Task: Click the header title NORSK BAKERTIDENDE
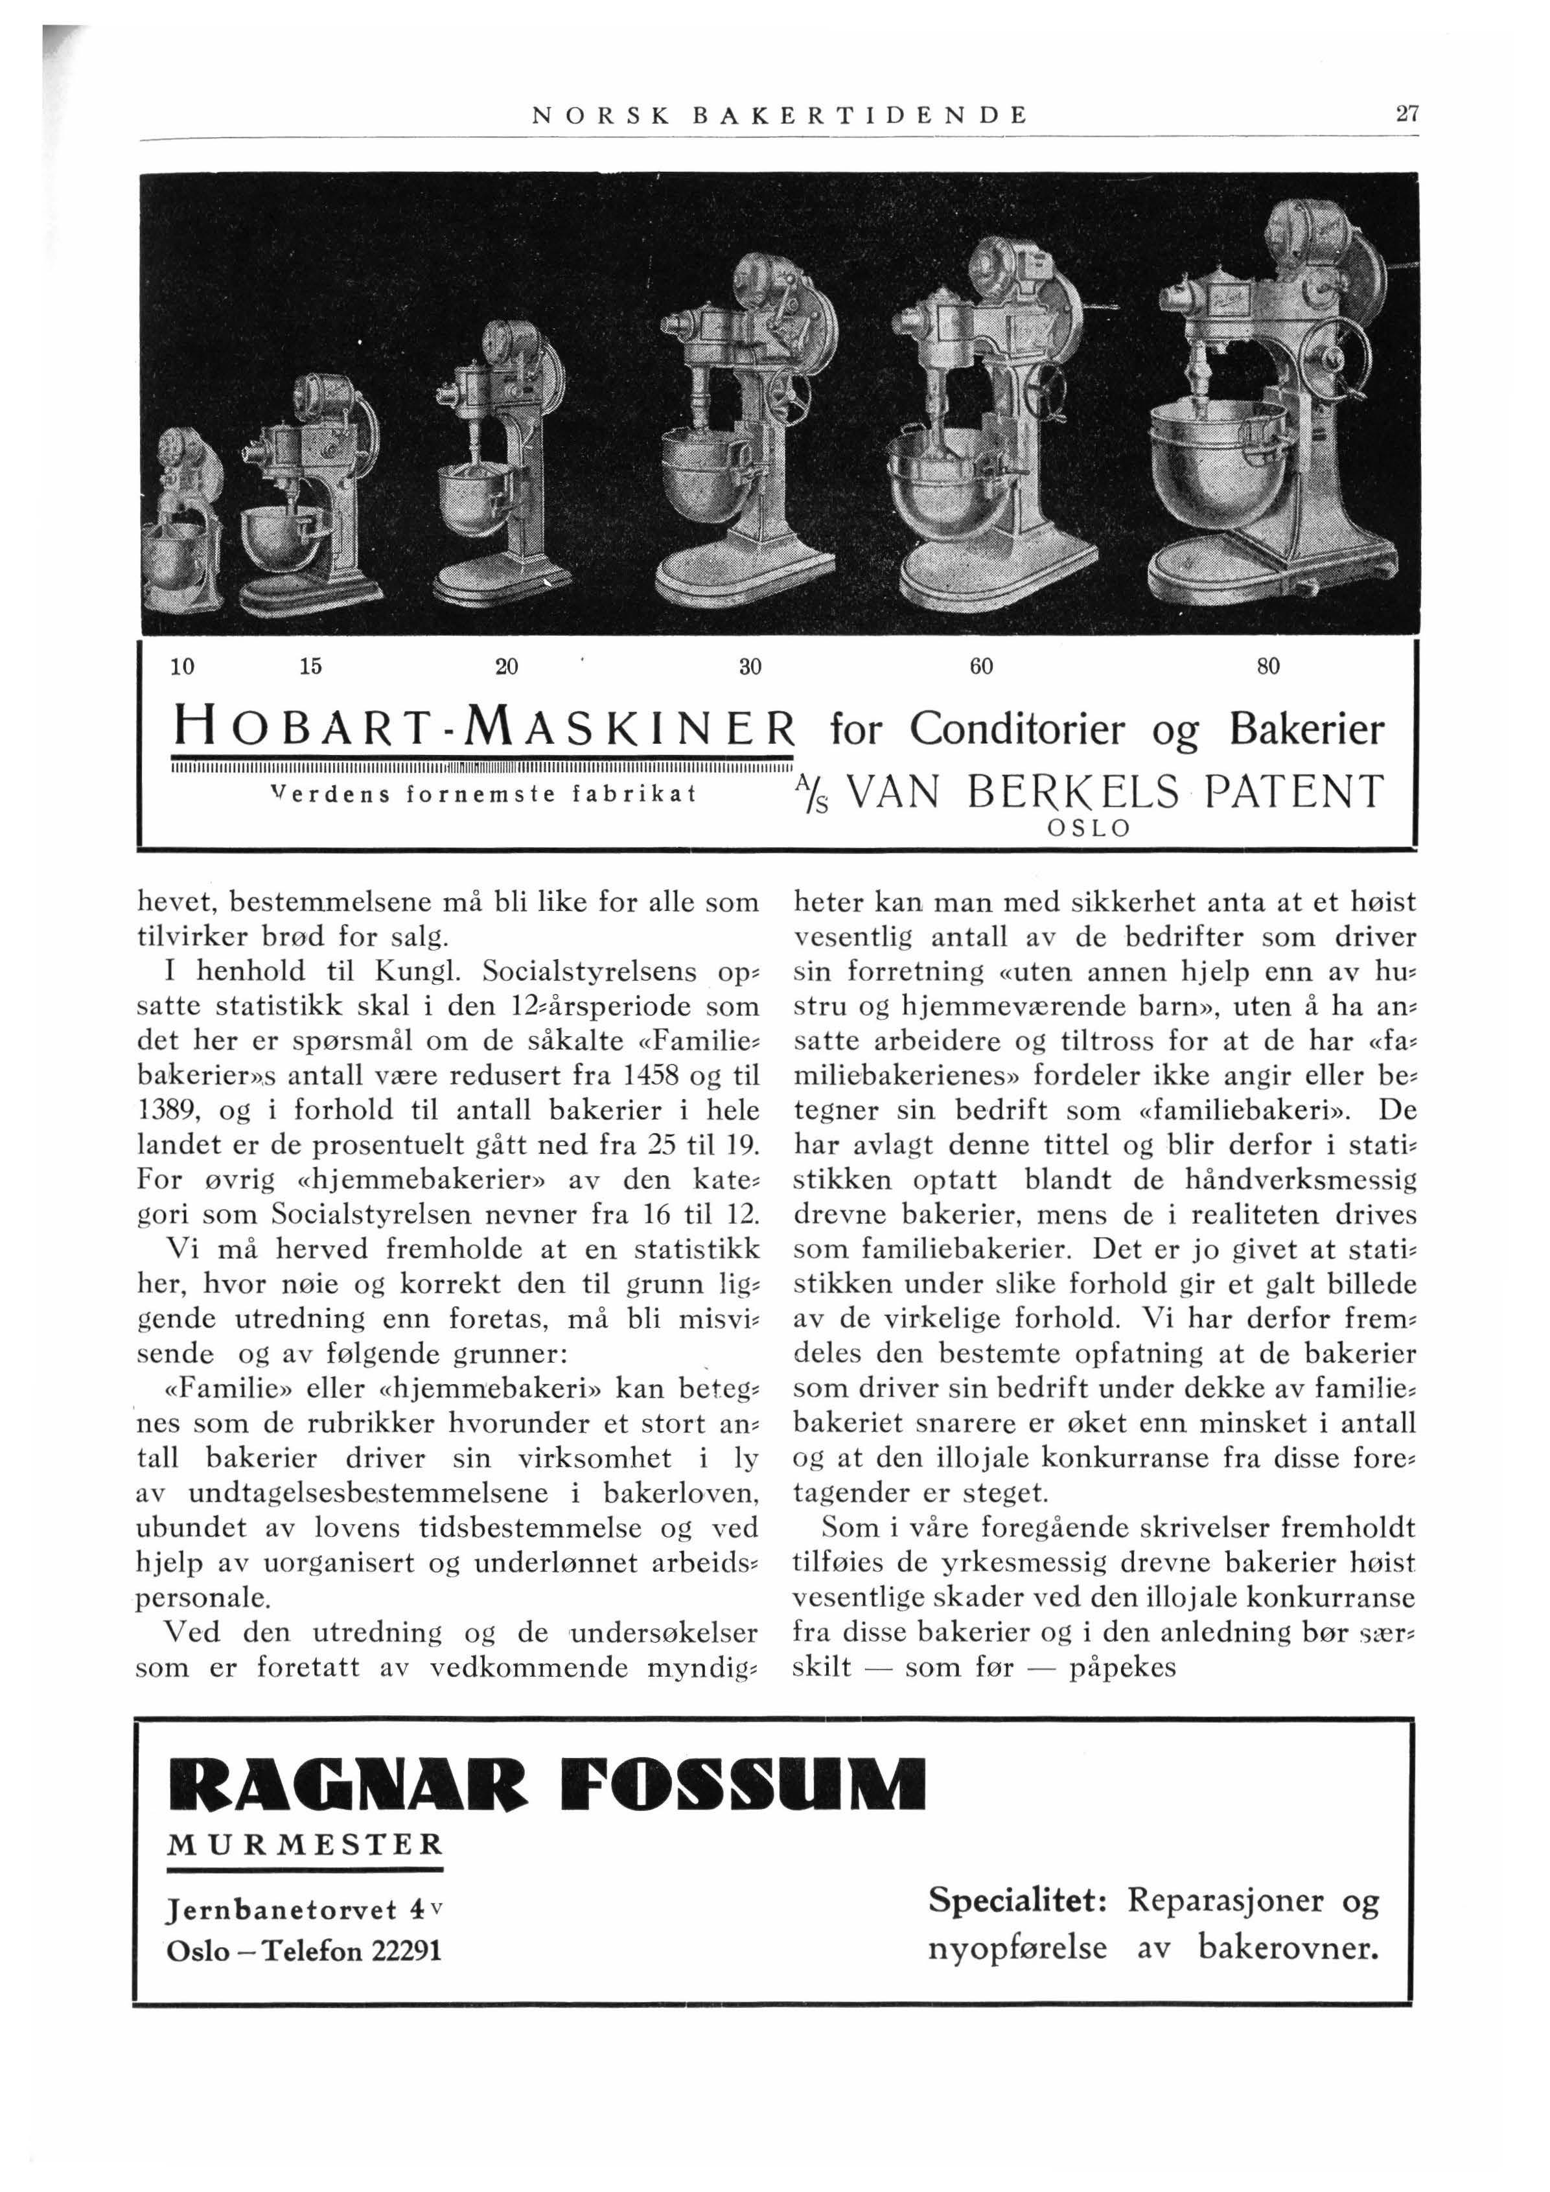778,115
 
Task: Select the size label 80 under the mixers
1267,667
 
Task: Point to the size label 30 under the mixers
750,667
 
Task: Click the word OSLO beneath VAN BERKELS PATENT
1089,829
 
